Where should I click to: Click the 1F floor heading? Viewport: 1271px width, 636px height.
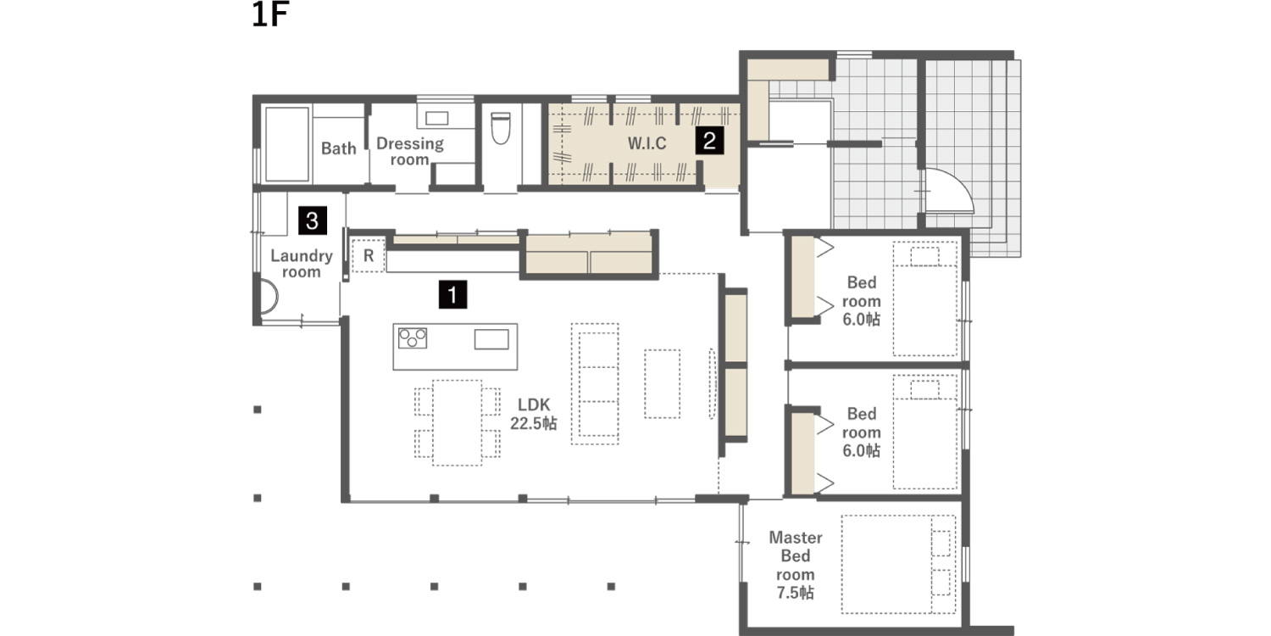(270, 14)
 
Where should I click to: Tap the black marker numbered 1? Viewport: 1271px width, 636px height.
(452, 294)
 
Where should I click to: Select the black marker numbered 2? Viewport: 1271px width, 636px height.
(709, 140)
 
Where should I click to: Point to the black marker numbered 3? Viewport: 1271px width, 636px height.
(313, 220)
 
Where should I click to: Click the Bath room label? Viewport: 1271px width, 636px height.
(339, 148)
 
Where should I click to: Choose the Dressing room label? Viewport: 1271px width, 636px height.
(409, 151)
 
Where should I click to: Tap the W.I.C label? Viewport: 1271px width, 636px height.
(647, 143)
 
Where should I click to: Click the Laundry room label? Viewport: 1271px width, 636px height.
(302, 264)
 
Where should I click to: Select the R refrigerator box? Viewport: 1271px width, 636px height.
(369, 255)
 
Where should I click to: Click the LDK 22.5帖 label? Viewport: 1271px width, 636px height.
(533, 414)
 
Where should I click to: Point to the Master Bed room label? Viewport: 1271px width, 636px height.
(796, 565)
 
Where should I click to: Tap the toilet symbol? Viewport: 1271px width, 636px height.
(501, 128)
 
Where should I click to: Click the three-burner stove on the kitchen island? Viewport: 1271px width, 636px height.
(413, 338)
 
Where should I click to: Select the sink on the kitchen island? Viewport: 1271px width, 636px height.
(491, 339)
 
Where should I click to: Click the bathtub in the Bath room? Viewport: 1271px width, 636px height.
(287, 144)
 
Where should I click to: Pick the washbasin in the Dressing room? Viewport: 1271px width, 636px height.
(437, 118)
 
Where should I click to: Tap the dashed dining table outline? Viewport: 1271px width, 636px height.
(458, 423)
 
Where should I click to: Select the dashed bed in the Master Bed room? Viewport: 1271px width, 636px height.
(899, 564)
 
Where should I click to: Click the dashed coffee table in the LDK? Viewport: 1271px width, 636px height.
(662, 384)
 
